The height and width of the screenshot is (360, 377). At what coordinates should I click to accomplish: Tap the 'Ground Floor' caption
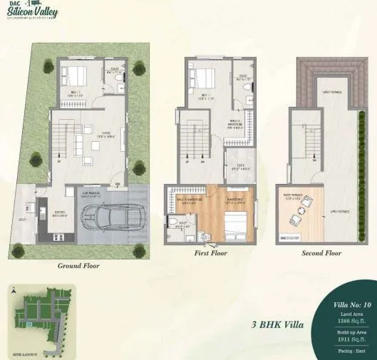tap(78, 266)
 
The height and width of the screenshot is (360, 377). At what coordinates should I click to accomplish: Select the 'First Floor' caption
tap(211, 253)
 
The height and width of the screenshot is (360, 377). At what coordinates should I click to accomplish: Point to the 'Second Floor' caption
tap(321, 253)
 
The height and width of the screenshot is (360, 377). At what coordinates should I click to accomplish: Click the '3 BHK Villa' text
tap(277, 324)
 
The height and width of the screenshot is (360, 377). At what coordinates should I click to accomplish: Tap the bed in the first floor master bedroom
tap(234, 227)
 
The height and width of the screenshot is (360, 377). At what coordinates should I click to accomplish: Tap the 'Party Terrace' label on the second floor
tap(295, 197)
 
